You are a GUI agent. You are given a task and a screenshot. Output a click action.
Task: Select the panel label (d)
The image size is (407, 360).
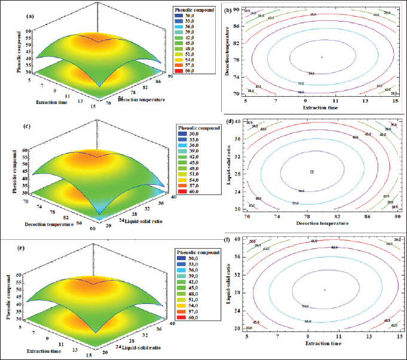[228, 123]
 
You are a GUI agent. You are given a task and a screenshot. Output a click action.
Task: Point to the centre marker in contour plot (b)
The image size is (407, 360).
[322, 57]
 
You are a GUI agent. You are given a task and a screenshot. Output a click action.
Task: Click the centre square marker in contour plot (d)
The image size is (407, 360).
[312, 172]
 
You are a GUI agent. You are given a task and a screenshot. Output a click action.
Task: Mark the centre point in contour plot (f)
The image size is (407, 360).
[325, 289]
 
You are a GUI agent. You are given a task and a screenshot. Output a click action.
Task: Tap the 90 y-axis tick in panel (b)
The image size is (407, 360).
[237, 10]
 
